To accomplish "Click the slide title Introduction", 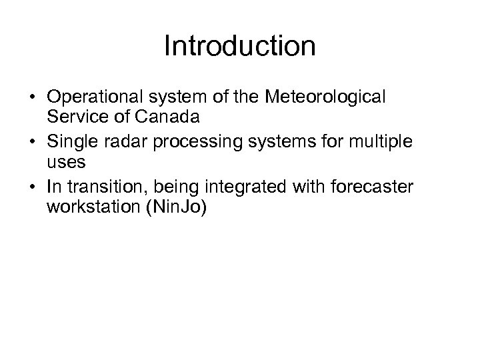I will click(x=239, y=47).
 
